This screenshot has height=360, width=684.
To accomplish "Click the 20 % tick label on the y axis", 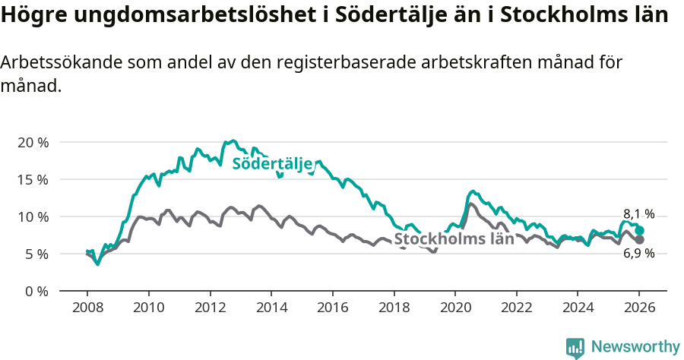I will coord(33,142).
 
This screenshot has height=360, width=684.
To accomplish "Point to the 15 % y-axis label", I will coord(33,179).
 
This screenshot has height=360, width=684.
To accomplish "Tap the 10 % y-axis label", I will coord(33,216).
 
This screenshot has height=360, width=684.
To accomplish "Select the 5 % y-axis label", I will coord(36,254).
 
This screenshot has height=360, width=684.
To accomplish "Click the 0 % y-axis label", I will coord(36,291).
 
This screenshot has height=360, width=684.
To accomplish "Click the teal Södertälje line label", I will coord(272,164).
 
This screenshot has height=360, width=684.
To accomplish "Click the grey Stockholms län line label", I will coord(454,239).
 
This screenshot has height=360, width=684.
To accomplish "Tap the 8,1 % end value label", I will coord(639,214).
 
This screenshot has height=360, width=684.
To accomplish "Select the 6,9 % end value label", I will coord(639,254).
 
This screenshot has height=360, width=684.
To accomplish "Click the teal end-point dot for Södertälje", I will coord(640,230).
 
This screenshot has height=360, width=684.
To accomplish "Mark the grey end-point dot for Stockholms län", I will coord(640,240).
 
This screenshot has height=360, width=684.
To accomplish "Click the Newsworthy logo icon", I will coord(575,348).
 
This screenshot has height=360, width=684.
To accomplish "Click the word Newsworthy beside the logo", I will coord(635,347).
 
